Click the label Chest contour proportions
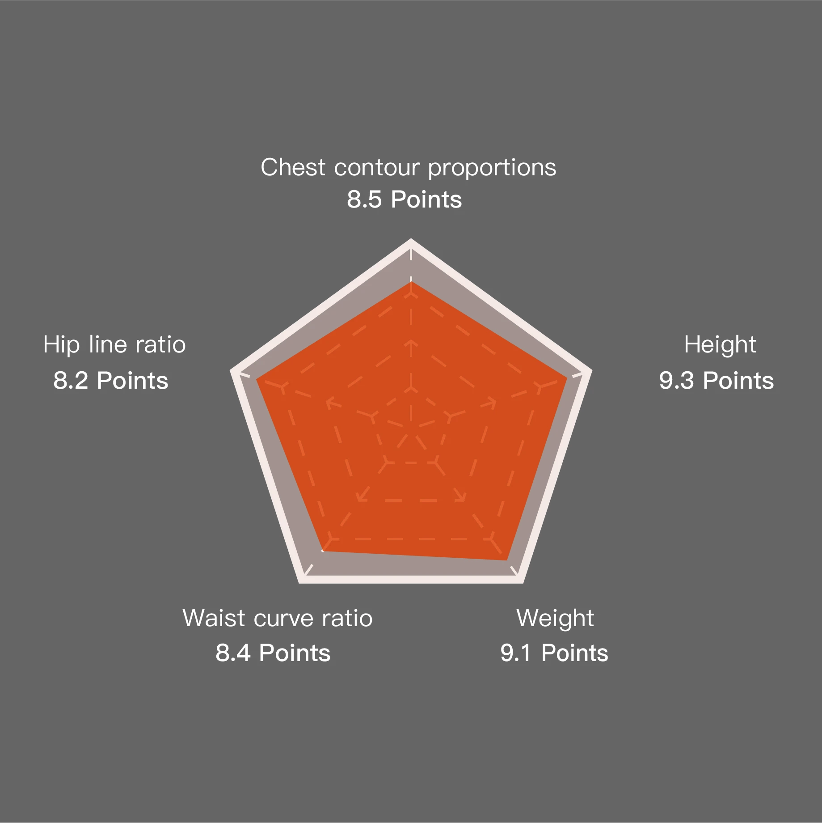coord(408,168)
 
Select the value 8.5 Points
coord(404,199)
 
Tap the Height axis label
coord(720,345)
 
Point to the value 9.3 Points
coord(716,381)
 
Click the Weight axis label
coord(555,619)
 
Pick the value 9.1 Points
coord(554,653)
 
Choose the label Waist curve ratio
coord(277,618)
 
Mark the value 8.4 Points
coord(273,653)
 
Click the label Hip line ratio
coord(114,345)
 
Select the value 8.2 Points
coord(110,381)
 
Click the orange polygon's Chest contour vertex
coord(411,281)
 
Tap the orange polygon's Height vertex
coord(567,379)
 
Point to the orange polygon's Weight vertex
coord(506,560)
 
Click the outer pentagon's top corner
coord(411,239)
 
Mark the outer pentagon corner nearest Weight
coord(523,583)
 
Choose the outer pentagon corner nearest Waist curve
coord(299,583)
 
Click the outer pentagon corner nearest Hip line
coord(230,370)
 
